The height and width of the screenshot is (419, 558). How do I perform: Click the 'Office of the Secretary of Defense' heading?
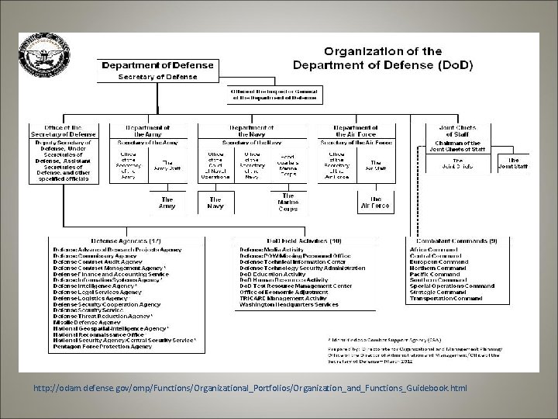65,130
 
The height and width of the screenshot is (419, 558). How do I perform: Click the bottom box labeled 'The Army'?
167,203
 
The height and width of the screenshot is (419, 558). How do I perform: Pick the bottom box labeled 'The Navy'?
215,203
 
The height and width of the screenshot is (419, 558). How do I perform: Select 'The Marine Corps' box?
288,203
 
